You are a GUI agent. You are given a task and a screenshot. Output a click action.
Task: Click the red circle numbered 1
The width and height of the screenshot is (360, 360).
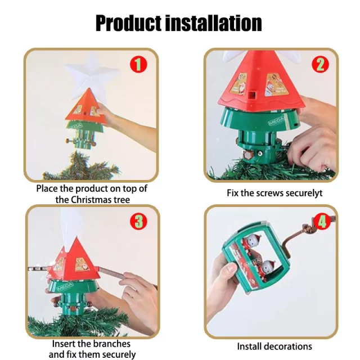[x=138, y=65]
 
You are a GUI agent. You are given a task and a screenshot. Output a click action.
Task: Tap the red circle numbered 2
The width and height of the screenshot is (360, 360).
[x=321, y=64]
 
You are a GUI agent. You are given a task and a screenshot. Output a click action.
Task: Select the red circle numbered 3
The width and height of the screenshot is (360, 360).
[x=138, y=221]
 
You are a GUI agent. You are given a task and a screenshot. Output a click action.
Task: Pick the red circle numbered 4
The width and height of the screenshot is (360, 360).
[x=322, y=221]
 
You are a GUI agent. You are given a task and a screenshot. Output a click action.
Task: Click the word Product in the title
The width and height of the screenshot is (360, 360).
[x=128, y=23]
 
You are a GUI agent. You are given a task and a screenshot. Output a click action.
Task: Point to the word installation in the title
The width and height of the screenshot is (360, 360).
[x=214, y=23]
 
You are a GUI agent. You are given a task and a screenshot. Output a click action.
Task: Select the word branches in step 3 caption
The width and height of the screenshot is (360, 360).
[x=112, y=344]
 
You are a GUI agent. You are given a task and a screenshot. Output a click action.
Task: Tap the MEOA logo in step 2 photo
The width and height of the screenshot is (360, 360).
[x=276, y=120]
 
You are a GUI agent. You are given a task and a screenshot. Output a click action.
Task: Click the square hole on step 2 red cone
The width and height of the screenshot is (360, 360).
[x=252, y=94]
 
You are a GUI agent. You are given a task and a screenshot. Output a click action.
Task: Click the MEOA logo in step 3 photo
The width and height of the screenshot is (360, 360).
[x=65, y=286]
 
